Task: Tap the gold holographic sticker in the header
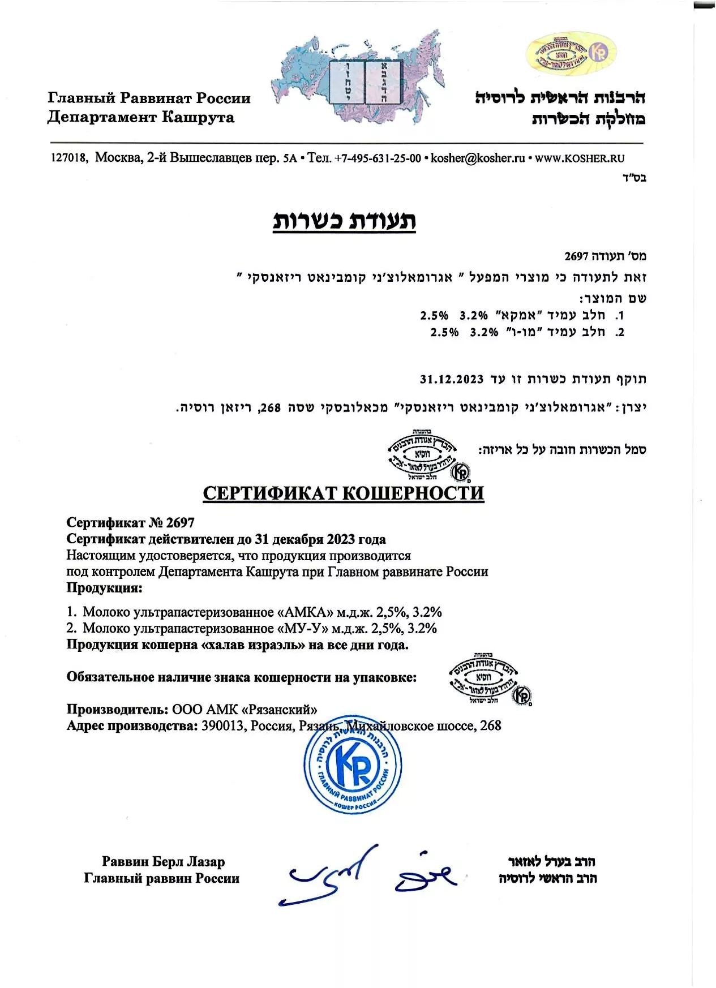[571, 54]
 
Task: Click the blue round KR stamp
[353, 765]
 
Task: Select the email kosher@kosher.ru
[478, 158]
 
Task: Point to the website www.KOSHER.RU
[579, 158]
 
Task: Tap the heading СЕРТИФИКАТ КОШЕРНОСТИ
[343, 493]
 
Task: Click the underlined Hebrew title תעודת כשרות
[344, 221]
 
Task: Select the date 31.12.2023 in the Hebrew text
[452, 379]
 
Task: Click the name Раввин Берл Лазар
[163, 861]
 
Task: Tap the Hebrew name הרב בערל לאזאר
[551, 861]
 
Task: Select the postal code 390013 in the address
[224, 725]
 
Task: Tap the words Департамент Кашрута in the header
[141, 117]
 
